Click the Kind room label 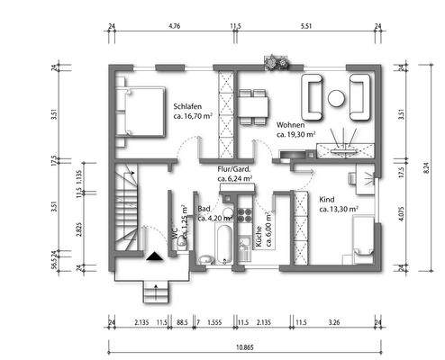pos(328,201)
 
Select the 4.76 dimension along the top pos(175,27)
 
